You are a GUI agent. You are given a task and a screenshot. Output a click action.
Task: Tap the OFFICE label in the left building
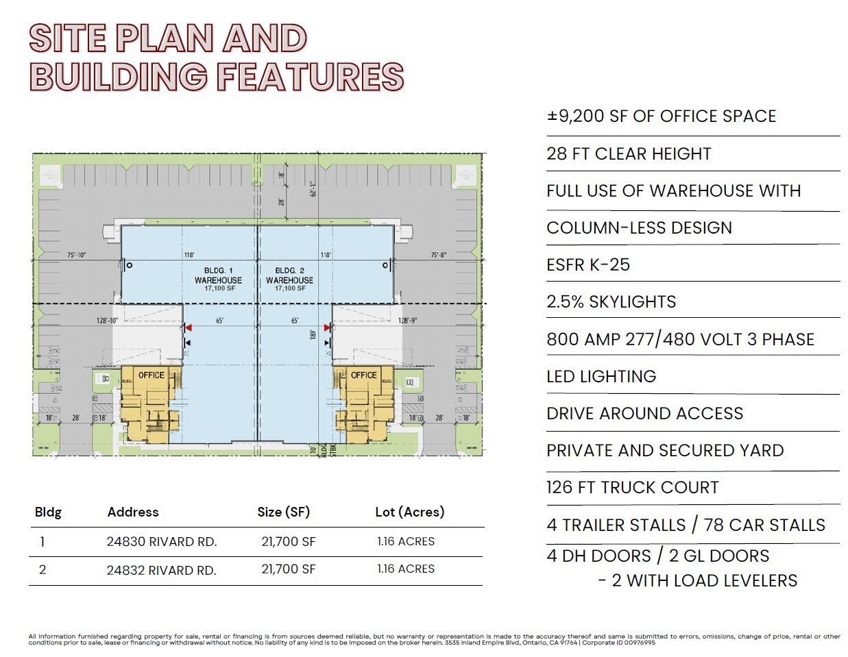click(152, 375)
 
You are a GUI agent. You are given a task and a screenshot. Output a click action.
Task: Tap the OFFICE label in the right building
click(364, 375)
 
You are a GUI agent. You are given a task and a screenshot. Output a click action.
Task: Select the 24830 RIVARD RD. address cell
click(162, 542)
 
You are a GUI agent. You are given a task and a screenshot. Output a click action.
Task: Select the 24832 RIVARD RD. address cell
click(162, 570)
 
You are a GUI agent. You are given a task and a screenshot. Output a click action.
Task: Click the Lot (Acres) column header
click(409, 512)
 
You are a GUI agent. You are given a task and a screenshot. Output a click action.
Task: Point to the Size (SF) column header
click(284, 512)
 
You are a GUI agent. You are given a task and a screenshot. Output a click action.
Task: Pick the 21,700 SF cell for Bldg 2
click(289, 569)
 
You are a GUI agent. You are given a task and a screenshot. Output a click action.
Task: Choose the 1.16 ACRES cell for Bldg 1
click(406, 541)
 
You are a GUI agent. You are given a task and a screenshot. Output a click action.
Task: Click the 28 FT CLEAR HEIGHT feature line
click(629, 154)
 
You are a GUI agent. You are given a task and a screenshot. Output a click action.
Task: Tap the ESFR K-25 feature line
click(588, 265)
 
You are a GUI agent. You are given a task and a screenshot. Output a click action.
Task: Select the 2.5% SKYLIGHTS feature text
click(611, 302)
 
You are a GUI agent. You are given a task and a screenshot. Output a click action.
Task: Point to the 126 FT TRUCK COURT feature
click(632, 488)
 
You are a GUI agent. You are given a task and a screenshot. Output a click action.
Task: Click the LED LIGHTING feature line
click(601, 377)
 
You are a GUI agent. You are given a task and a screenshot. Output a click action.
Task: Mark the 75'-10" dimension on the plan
click(76, 256)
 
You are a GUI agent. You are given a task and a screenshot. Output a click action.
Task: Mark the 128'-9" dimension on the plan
click(408, 321)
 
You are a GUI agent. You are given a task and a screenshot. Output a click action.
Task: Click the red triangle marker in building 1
click(189, 328)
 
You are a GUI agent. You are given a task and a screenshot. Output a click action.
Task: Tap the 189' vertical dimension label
click(313, 334)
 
